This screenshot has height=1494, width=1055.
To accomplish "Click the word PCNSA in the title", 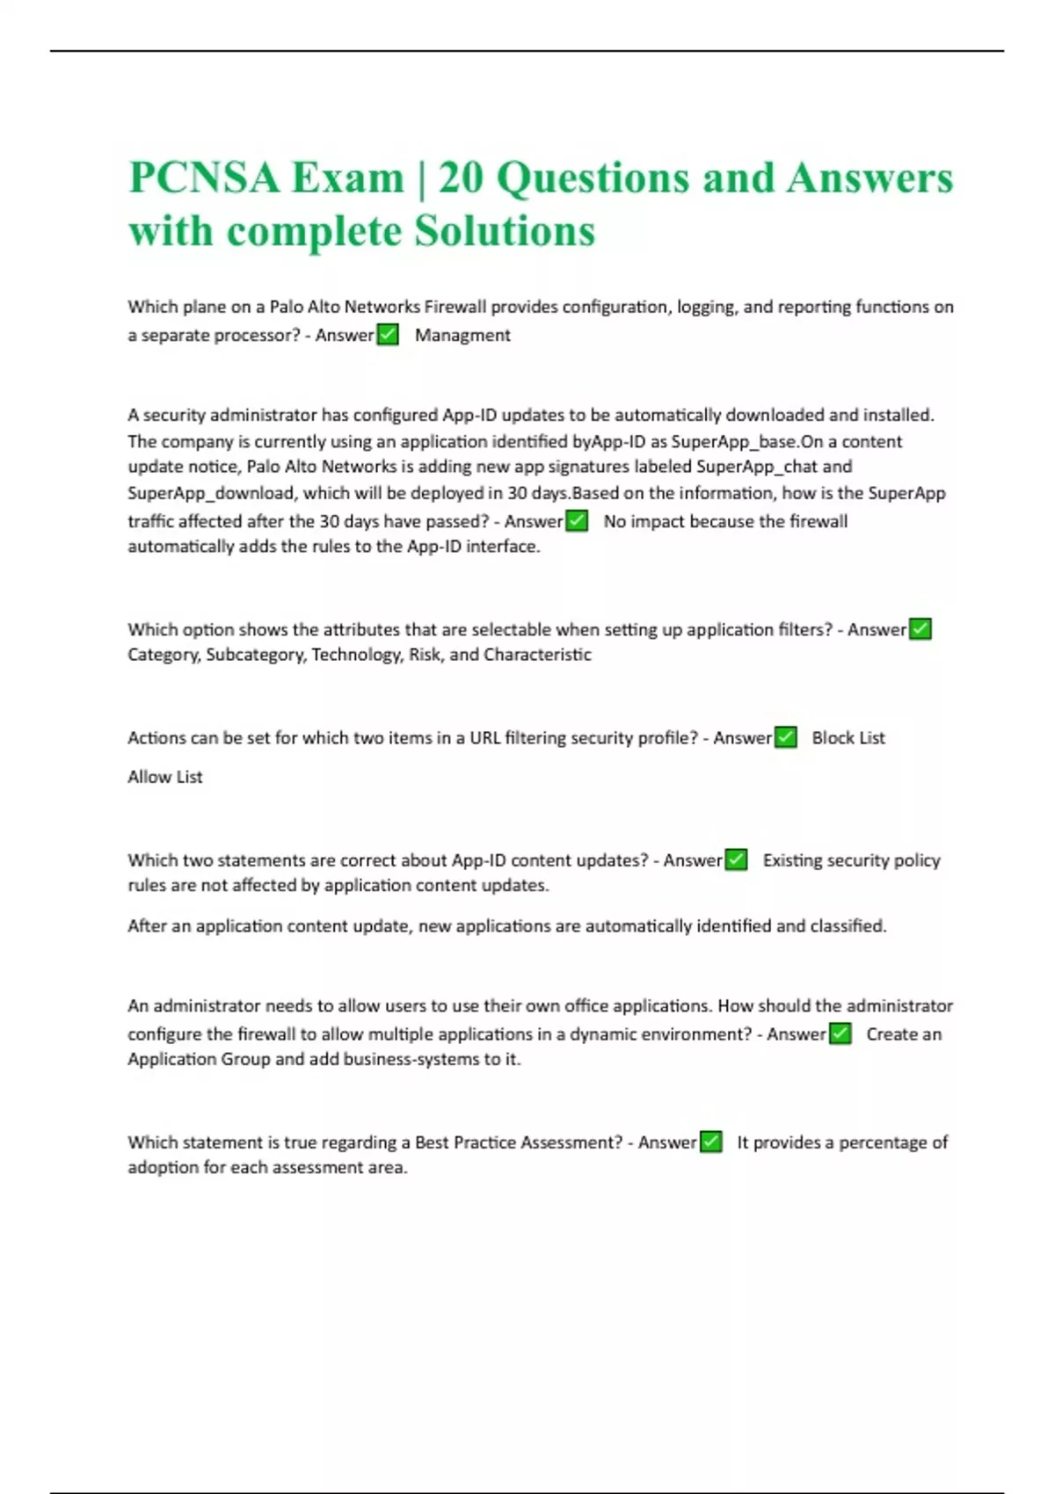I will point(204,178).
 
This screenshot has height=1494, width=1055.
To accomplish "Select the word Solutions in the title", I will point(505,231).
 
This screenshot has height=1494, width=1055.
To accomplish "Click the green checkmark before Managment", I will point(388,335).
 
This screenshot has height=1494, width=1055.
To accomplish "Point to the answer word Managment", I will point(462,335).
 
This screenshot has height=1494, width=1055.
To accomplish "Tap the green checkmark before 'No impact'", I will point(577,521).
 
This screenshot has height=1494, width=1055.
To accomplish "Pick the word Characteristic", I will point(537,655).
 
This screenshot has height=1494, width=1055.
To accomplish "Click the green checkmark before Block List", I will point(786,737).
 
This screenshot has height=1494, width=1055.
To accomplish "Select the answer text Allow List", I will point(165,777).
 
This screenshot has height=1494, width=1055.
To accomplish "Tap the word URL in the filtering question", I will point(484,738).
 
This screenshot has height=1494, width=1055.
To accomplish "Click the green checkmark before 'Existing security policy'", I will point(736,860).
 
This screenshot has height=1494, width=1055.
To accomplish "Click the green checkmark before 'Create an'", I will point(840,1034).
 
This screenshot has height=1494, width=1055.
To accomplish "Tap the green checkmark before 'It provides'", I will point(710,1142).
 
